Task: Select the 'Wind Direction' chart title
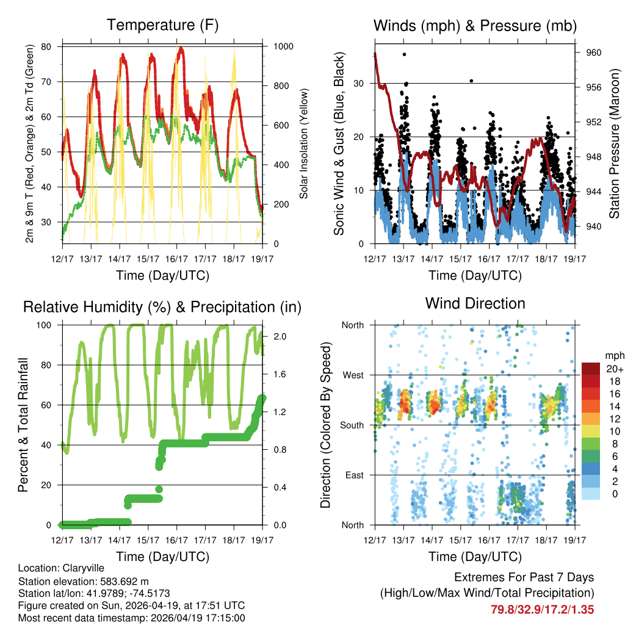[x=475, y=303]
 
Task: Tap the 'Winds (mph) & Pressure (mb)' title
[x=475, y=26]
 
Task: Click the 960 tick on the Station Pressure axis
[x=594, y=53]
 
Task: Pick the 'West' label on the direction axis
[x=352, y=375]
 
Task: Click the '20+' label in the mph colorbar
[x=614, y=369]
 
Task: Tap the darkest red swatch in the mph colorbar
[x=591, y=369]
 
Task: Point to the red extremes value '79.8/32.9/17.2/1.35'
[x=542, y=609]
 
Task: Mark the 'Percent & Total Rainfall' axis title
[x=23, y=425]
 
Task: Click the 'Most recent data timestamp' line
[x=131, y=618]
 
